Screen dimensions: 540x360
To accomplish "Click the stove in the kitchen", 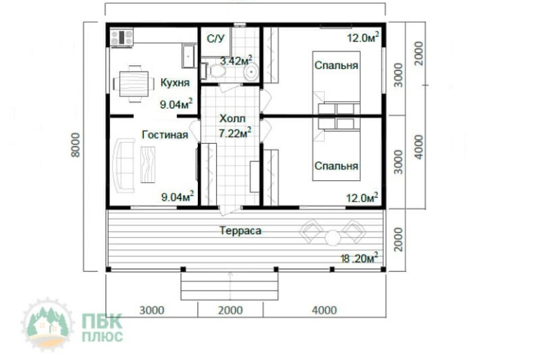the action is point(121,37).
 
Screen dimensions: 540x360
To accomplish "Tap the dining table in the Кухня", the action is point(134,84).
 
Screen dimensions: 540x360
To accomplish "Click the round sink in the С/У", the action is point(251,72).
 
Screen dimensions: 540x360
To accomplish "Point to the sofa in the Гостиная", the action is point(123,166).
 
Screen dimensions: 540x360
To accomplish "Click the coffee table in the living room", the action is point(148,164).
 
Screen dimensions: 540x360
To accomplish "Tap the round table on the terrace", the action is point(332,238).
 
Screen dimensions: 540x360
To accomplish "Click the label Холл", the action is point(232,119).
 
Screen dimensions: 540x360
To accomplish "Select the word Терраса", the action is point(241,230).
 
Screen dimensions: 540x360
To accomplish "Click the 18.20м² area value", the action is point(359,258).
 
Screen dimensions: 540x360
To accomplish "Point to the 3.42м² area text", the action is point(236,61).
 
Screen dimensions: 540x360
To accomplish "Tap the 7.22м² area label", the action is point(235,133).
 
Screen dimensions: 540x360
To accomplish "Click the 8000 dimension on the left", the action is point(76,145).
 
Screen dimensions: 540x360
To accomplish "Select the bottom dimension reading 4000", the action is point(324,310).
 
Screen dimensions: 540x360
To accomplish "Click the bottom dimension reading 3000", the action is point(151,310).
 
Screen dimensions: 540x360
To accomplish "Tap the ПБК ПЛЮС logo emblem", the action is point(47,324).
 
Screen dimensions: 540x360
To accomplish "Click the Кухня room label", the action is point(175,83).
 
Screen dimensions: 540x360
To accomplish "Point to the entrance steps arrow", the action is point(231,285).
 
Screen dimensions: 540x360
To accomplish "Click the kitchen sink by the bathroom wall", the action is point(188,56).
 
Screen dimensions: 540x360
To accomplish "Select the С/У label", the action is point(215,39).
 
